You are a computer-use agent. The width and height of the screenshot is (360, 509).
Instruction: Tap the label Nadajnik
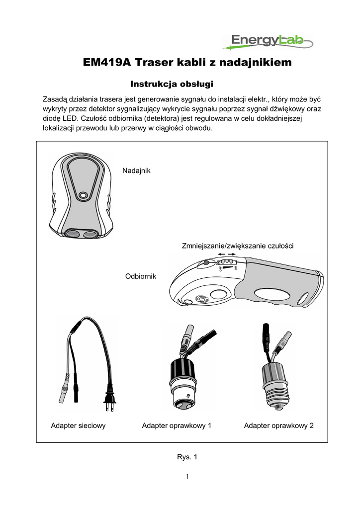point(136,171)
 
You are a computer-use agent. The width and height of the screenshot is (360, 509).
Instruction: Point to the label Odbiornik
point(140,276)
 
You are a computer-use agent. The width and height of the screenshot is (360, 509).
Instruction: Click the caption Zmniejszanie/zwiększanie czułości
point(238,246)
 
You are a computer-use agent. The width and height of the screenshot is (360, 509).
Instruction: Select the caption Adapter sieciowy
point(79,426)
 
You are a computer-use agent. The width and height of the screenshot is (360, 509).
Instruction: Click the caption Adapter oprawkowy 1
point(177,426)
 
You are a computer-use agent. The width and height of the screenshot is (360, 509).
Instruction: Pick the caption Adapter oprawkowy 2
point(278,426)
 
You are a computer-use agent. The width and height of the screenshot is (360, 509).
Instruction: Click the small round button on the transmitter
point(83,195)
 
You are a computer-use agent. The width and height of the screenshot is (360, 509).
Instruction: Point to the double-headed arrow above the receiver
point(226,254)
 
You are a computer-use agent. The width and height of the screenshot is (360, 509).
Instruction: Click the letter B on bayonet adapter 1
point(187,395)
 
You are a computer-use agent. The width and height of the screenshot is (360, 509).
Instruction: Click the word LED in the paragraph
point(69,118)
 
